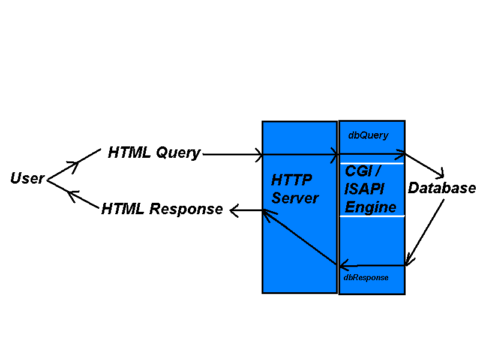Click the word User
click(27, 178)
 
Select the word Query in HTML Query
click(178, 153)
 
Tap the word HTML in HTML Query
click(129, 153)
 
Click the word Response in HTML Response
click(186, 209)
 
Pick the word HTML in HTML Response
click(122, 209)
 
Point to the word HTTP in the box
click(292, 181)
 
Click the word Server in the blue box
click(295, 199)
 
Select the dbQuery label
click(368, 136)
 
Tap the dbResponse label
click(365, 278)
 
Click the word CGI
click(359, 171)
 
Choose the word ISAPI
click(364, 189)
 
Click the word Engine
click(370, 208)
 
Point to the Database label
click(442, 188)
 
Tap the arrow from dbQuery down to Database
click(425, 165)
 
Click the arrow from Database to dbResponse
click(425, 233)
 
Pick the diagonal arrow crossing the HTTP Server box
click(299, 237)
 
